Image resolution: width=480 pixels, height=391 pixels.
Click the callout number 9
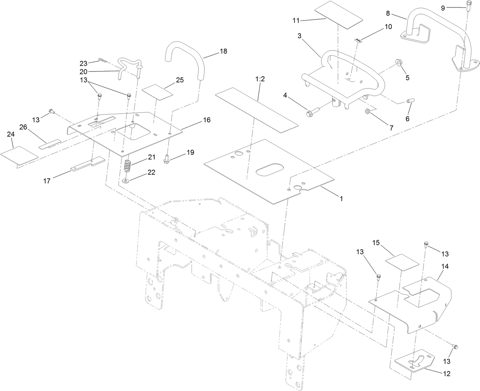[x=443, y=8]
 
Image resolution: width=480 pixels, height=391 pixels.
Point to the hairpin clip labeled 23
[x=103, y=61]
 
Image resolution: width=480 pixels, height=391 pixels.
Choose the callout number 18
[x=223, y=52]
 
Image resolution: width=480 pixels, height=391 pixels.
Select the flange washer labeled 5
[x=399, y=62]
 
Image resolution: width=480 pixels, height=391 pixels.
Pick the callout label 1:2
[x=260, y=79]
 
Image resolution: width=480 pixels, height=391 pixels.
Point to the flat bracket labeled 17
[x=88, y=164]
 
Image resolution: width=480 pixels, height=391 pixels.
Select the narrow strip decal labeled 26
[x=50, y=144]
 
